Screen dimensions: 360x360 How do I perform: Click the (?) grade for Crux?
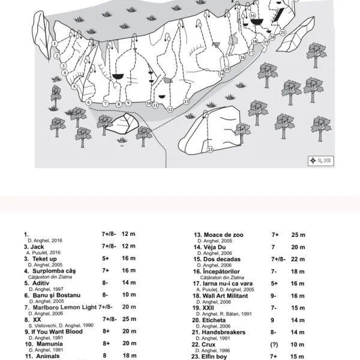[x=275, y=344]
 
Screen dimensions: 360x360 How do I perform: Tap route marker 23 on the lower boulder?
[x=210, y=150]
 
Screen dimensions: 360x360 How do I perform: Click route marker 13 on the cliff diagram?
[x=187, y=102]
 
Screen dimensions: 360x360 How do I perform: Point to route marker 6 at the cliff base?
[x=88, y=102]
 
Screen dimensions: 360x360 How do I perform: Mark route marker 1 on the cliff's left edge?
[x=55, y=43]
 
